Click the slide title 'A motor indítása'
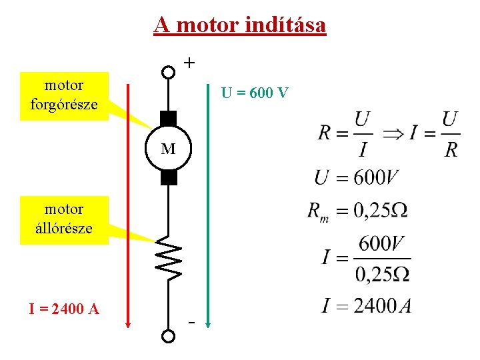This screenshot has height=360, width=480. point(239,25)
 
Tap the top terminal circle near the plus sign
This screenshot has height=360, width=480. point(169,71)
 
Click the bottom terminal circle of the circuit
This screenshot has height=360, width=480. point(169,336)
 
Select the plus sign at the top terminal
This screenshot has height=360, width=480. point(190,63)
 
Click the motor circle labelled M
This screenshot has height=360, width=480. point(169,148)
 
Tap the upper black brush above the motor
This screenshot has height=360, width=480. point(169,119)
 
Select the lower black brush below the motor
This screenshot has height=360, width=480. point(169,177)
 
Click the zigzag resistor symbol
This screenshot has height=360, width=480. point(169,259)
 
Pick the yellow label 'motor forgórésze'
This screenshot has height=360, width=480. point(64,95)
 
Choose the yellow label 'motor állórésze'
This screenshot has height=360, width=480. point(64,219)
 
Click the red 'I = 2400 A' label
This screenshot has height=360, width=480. point(64,309)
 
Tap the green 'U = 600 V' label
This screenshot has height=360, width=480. point(255,93)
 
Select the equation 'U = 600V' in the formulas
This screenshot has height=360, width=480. point(357,178)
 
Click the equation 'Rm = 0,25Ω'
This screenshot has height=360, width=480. point(357,211)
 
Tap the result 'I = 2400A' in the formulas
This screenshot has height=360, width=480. point(366,306)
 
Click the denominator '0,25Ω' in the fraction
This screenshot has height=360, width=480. point(382,273)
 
